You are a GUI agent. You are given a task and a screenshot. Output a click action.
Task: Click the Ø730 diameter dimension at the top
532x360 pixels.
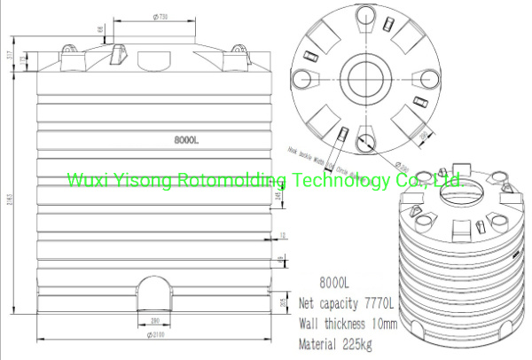click(162, 16)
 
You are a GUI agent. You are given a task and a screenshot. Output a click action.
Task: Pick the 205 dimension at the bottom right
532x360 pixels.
click(281, 304)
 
